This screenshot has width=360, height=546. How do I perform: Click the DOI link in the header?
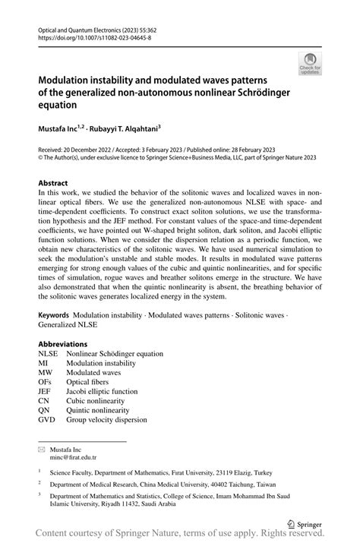pyautogui.click(x=85, y=35)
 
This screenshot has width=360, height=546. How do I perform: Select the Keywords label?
pyautogui.click(x=56, y=314)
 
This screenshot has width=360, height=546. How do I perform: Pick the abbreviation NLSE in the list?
pyautogui.click(x=49, y=354)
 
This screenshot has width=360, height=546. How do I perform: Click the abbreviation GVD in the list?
pyautogui.click(x=47, y=420)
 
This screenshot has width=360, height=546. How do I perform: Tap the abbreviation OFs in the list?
pyautogui.click(x=46, y=382)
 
